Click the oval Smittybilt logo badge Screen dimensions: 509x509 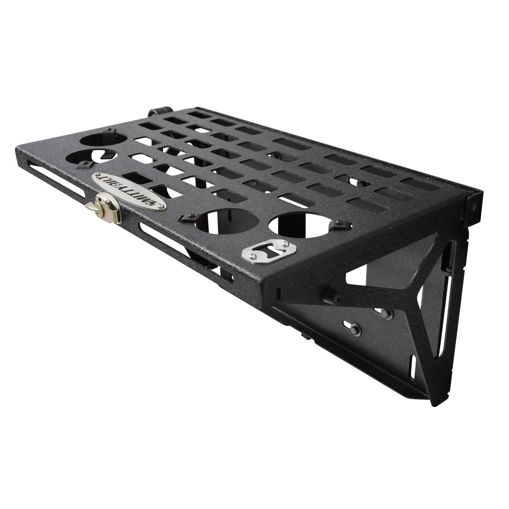point(129,191)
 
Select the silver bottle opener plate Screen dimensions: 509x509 point(269,250)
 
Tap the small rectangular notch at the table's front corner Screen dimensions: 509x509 point(279,294)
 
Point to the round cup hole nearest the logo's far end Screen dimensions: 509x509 point(91,158)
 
